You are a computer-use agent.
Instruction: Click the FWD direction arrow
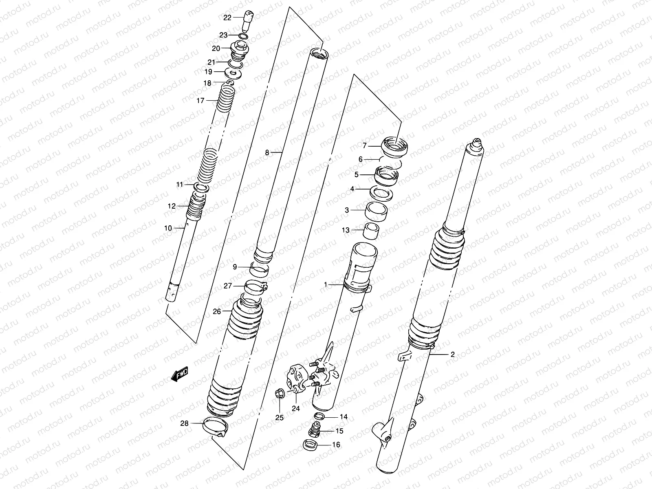pos(180,374)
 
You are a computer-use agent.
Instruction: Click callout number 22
pos(227,17)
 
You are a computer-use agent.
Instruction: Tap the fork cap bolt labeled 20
pos(239,51)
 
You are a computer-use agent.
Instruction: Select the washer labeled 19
pos(233,74)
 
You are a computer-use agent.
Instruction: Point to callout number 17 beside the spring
pos(200,101)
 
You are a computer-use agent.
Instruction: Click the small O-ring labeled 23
pos(243,37)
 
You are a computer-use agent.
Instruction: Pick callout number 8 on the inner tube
pos(267,153)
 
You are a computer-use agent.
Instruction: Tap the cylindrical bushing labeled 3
pos(376,211)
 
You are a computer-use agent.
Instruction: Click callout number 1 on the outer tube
pos(326,285)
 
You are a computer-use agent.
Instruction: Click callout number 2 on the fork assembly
pos(452,354)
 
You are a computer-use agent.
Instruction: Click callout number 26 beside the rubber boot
pos(217,312)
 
